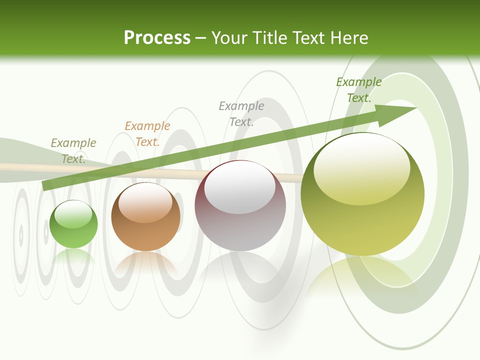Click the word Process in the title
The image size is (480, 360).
click(x=157, y=38)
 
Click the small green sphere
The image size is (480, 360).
click(x=73, y=225)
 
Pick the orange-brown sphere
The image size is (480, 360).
click(x=145, y=217)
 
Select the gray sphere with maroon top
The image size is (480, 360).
click(x=240, y=206)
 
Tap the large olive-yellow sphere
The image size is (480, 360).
click(x=362, y=195)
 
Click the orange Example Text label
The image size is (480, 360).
click(x=147, y=134)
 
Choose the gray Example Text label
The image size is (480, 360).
click(x=241, y=114)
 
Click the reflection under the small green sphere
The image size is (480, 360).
click(x=73, y=256)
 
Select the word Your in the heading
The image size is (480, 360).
click(x=227, y=38)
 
